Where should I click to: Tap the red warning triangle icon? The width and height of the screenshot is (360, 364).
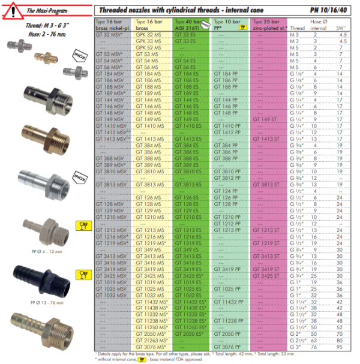13,10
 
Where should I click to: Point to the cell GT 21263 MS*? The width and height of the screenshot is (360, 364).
150,340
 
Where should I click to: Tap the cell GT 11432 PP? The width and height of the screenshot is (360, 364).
228,301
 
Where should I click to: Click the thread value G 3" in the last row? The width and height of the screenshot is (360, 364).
295,347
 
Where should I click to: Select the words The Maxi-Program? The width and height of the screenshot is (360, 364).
50,10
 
